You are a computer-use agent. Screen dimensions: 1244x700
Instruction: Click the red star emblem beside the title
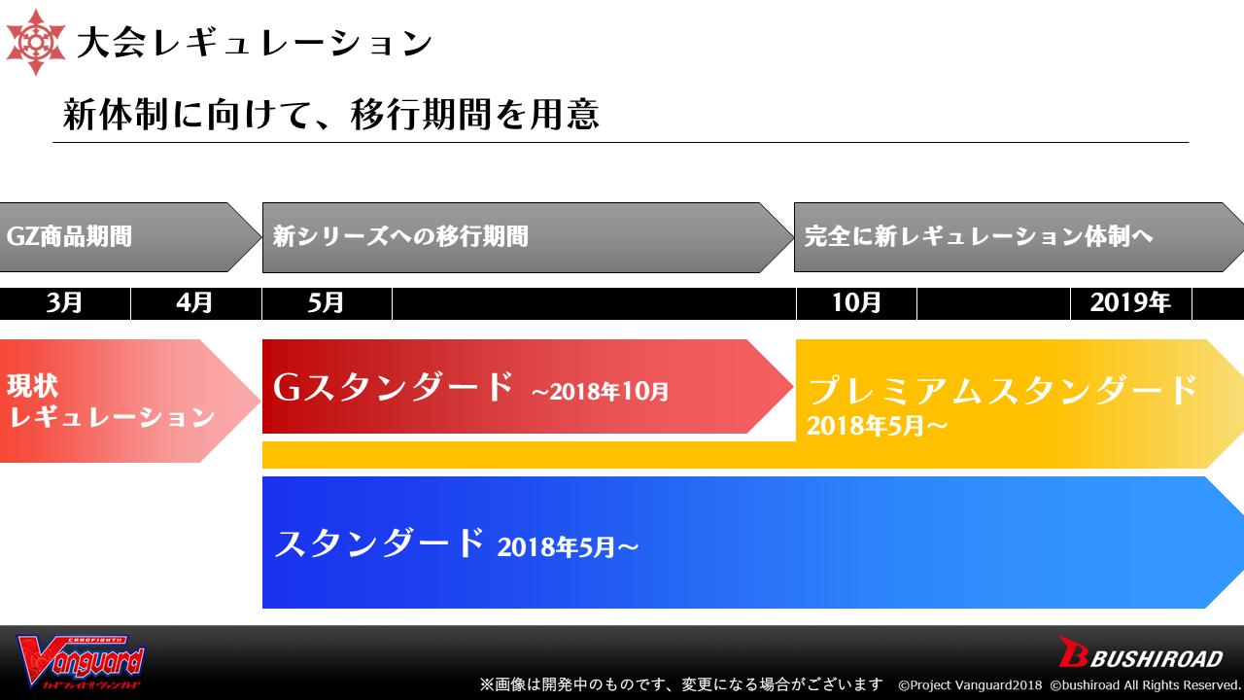[36, 42]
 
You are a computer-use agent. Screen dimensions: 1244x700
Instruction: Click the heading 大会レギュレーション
[255, 43]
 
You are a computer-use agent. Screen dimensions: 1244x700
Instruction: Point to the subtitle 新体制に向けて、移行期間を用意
[331, 115]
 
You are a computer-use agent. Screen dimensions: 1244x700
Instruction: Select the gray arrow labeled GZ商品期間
[130, 237]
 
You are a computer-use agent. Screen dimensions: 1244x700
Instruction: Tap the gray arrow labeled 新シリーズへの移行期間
[528, 237]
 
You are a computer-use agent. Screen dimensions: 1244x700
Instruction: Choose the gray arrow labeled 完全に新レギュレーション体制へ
[1019, 237]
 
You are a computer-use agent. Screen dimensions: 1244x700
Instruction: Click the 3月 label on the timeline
[64, 302]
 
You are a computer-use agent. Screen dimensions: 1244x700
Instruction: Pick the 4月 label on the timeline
[195, 302]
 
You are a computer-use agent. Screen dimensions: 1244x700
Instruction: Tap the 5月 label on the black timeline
[326, 302]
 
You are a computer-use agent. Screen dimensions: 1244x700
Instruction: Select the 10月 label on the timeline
[856, 302]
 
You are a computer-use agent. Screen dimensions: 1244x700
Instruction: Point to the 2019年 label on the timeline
[1130, 302]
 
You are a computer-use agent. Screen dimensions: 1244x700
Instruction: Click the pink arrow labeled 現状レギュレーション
[130, 401]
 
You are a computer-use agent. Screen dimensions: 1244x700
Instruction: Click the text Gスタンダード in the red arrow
[394, 387]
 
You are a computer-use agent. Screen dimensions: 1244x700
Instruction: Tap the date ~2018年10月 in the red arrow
[600, 392]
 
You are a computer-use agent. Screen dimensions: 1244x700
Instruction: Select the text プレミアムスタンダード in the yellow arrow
[1002, 390]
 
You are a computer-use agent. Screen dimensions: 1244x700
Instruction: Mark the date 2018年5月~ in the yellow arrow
[877, 426]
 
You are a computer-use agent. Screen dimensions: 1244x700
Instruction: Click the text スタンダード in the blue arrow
[379, 542]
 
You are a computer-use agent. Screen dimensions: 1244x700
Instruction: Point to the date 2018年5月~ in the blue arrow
[569, 547]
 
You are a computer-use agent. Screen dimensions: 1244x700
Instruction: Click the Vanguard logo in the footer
[81, 662]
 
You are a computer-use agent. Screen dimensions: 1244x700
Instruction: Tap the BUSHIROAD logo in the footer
[1141, 652]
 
